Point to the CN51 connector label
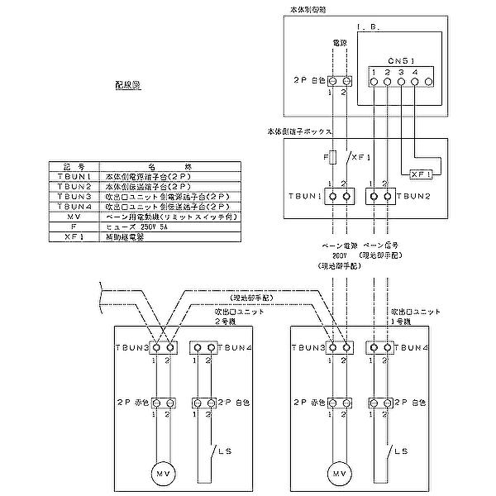400,60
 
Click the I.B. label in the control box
369,26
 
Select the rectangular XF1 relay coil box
422,174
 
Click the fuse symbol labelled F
331,156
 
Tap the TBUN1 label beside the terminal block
303,197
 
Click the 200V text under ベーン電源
339,256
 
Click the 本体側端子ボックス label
299,131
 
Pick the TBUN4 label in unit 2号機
226,347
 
